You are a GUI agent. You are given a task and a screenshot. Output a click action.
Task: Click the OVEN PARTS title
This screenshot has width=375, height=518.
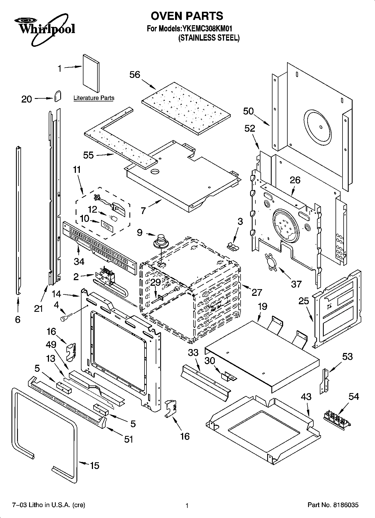point(187,16)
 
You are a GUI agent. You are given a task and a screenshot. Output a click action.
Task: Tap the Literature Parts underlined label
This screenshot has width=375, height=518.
point(94,98)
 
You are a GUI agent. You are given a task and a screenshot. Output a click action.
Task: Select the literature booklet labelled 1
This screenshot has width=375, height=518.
point(91,73)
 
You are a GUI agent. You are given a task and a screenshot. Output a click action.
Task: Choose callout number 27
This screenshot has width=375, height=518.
point(257,292)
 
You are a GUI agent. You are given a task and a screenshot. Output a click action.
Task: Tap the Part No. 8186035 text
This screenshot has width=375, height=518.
point(333,505)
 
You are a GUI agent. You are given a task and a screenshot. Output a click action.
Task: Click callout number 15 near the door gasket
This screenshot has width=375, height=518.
point(94,466)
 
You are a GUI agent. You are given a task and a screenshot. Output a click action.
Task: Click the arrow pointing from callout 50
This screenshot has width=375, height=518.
point(262,119)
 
